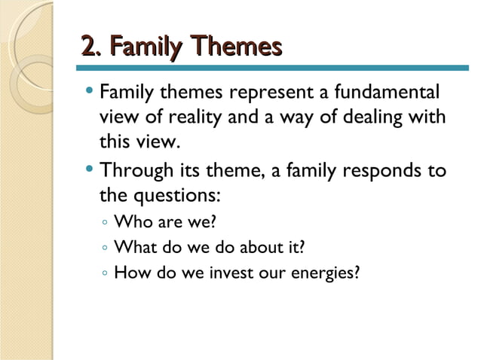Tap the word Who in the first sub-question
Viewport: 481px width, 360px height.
point(130,222)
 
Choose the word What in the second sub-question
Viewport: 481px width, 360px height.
point(132,246)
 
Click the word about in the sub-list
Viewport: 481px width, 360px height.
point(254,246)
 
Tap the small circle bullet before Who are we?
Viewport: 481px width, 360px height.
point(104,223)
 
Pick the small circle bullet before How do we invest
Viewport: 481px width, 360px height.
point(104,272)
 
